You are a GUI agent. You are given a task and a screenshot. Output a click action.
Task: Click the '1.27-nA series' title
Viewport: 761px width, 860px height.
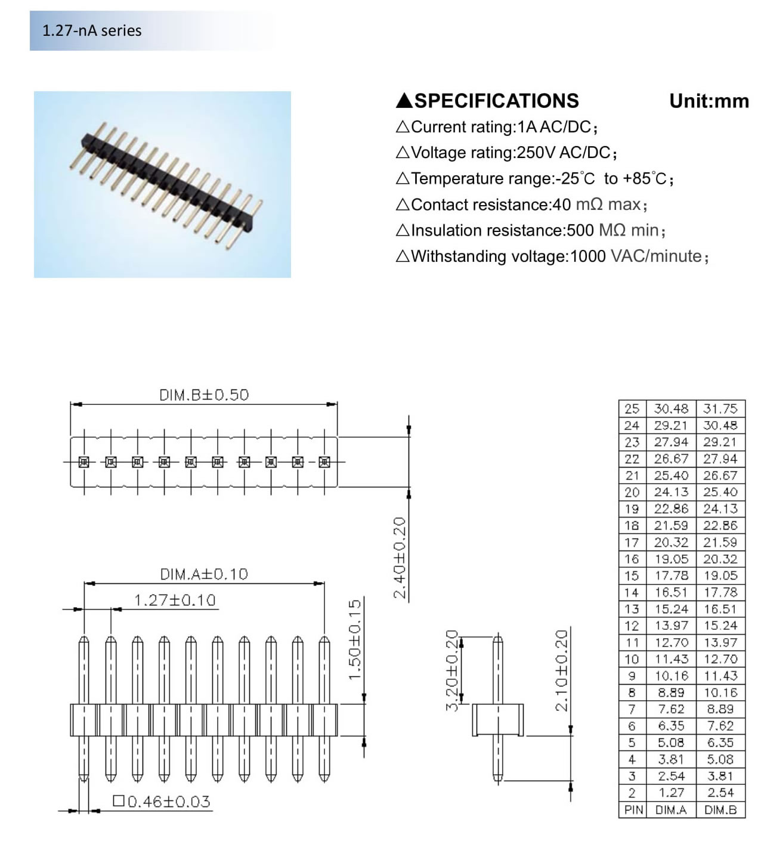tap(92, 30)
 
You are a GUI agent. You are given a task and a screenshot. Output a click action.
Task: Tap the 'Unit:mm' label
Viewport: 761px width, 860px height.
tap(709, 101)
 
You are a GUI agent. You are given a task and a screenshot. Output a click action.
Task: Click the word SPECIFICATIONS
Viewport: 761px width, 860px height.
tap(496, 101)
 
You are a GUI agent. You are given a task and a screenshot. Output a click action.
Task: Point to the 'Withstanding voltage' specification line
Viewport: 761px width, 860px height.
tap(552, 256)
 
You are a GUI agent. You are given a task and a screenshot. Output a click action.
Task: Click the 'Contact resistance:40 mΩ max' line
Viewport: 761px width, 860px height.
tap(521, 205)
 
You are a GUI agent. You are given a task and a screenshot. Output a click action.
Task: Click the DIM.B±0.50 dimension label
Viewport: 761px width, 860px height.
tap(203, 395)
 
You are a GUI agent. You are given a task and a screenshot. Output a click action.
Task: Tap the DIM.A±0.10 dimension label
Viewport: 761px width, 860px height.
tap(203, 574)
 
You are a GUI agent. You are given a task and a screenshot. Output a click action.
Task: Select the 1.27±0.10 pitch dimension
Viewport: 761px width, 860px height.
tap(174, 600)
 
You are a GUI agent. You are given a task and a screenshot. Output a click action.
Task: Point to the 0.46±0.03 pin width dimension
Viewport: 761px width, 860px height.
tap(162, 802)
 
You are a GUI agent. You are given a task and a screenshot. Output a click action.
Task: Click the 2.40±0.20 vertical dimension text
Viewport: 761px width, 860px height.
tap(400, 558)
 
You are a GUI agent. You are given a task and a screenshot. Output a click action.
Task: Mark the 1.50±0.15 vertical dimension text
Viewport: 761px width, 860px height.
tap(355, 639)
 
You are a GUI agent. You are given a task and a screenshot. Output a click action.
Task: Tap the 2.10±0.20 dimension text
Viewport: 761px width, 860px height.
tap(562, 670)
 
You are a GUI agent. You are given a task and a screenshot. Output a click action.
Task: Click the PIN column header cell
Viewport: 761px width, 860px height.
tap(633, 810)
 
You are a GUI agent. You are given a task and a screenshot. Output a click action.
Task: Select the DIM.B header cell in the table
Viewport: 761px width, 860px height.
tap(720, 810)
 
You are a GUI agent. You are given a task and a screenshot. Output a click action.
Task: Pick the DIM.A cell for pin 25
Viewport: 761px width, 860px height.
tap(671, 409)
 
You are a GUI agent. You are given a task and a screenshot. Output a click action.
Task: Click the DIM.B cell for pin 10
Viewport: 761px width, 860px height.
tap(720, 660)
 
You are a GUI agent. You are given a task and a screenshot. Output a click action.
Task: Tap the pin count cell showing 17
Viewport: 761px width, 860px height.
tap(632, 543)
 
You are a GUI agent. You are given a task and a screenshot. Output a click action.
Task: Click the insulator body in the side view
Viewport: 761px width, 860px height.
tap(498, 720)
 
